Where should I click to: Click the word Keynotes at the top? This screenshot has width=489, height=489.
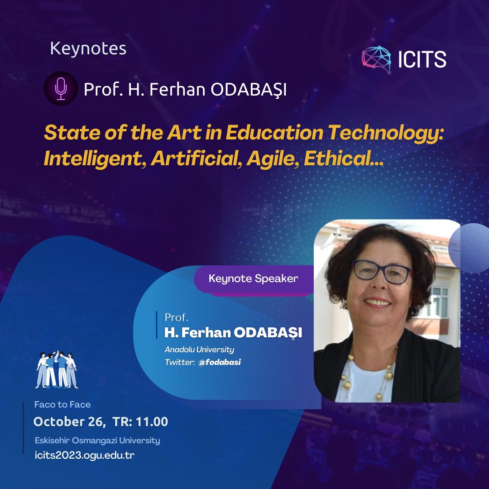coord(88,48)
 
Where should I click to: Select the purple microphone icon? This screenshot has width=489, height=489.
coord(61,88)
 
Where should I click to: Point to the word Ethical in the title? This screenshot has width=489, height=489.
coord(344,158)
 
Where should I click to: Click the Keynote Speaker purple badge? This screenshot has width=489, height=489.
coord(253,278)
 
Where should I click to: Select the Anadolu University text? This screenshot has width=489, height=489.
coord(199,350)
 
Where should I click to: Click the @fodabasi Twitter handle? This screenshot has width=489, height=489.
coord(220,362)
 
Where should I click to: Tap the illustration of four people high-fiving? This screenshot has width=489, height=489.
coord(57,369)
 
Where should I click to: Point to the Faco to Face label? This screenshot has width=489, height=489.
coord(62,404)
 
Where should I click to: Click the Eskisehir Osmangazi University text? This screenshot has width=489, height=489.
coord(97,440)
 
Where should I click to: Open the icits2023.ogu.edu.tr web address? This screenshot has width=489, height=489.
coord(84,455)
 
